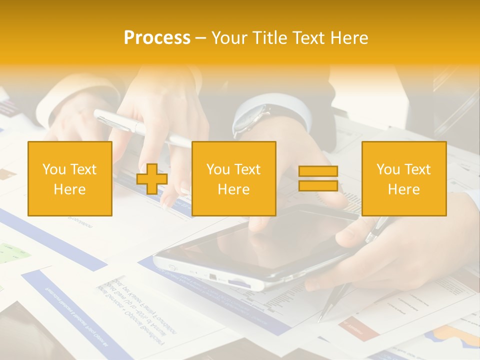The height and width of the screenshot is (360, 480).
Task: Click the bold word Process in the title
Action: coord(157,38)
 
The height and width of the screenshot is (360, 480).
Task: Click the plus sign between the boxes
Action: coord(152,179)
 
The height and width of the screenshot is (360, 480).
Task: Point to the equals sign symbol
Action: coord(318,178)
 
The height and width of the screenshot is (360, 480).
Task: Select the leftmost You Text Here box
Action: coord(69,178)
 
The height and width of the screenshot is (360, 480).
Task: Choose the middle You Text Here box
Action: coord(233,178)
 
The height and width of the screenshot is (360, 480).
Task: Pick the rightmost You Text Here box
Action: coord(403,178)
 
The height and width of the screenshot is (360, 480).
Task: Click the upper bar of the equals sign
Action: coord(318,171)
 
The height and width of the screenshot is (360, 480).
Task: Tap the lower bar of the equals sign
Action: coord(318,186)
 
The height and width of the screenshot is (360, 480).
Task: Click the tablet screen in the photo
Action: coord(260,240)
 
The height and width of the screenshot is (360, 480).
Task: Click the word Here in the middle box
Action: coord(233,189)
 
